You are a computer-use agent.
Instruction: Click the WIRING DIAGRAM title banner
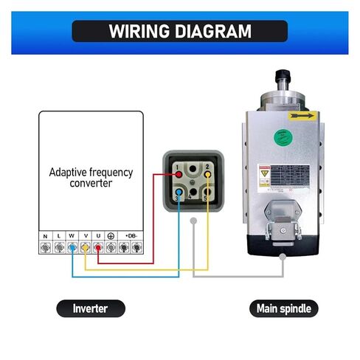click(x=180, y=31)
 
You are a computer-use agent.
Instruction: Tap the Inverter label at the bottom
click(x=91, y=308)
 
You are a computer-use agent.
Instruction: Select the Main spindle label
click(x=283, y=308)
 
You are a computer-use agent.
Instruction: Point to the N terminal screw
click(x=46, y=249)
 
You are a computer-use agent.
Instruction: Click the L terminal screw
click(x=58, y=249)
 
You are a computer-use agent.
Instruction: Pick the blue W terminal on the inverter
click(x=72, y=249)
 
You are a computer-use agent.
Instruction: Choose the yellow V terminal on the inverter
click(x=85, y=249)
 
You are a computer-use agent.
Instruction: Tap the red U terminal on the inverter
click(x=97, y=249)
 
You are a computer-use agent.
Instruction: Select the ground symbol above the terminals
click(x=111, y=238)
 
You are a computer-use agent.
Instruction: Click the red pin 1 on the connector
click(x=179, y=174)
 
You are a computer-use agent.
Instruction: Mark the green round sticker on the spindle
click(x=280, y=136)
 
